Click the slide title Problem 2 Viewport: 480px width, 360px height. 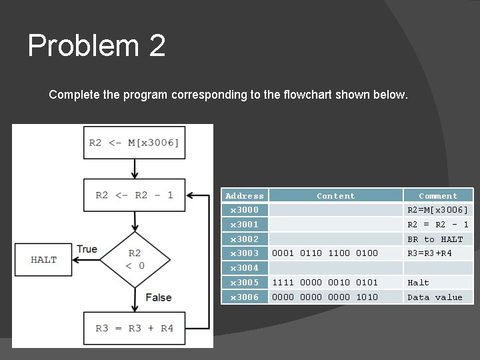(x=97, y=47)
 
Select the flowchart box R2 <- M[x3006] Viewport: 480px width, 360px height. (x=134, y=143)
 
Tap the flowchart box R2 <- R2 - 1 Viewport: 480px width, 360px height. (x=134, y=195)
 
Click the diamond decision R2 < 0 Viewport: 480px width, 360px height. (x=135, y=260)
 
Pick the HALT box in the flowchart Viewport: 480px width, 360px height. (x=44, y=259)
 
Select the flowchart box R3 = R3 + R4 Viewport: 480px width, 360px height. (x=134, y=327)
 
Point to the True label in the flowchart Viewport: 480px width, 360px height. (x=87, y=249)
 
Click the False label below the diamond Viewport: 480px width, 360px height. (x=158, y=297)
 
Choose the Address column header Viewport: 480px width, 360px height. (x=244, y=196)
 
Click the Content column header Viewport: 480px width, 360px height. (x=335, y=196)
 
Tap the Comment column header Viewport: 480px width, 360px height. (x=438, y=196)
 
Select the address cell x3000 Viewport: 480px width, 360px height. (x=244, y=210)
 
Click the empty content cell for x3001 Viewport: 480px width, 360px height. (x=335, y=225)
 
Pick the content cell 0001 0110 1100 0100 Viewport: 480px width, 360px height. (x=325, y=253)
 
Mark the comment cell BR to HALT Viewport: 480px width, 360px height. (x=435, y=239)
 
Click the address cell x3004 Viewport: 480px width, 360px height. (x=244, y=268)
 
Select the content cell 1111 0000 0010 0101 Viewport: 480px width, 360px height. (x=325, y=283)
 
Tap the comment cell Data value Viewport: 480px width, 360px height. (x=435, y=297)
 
